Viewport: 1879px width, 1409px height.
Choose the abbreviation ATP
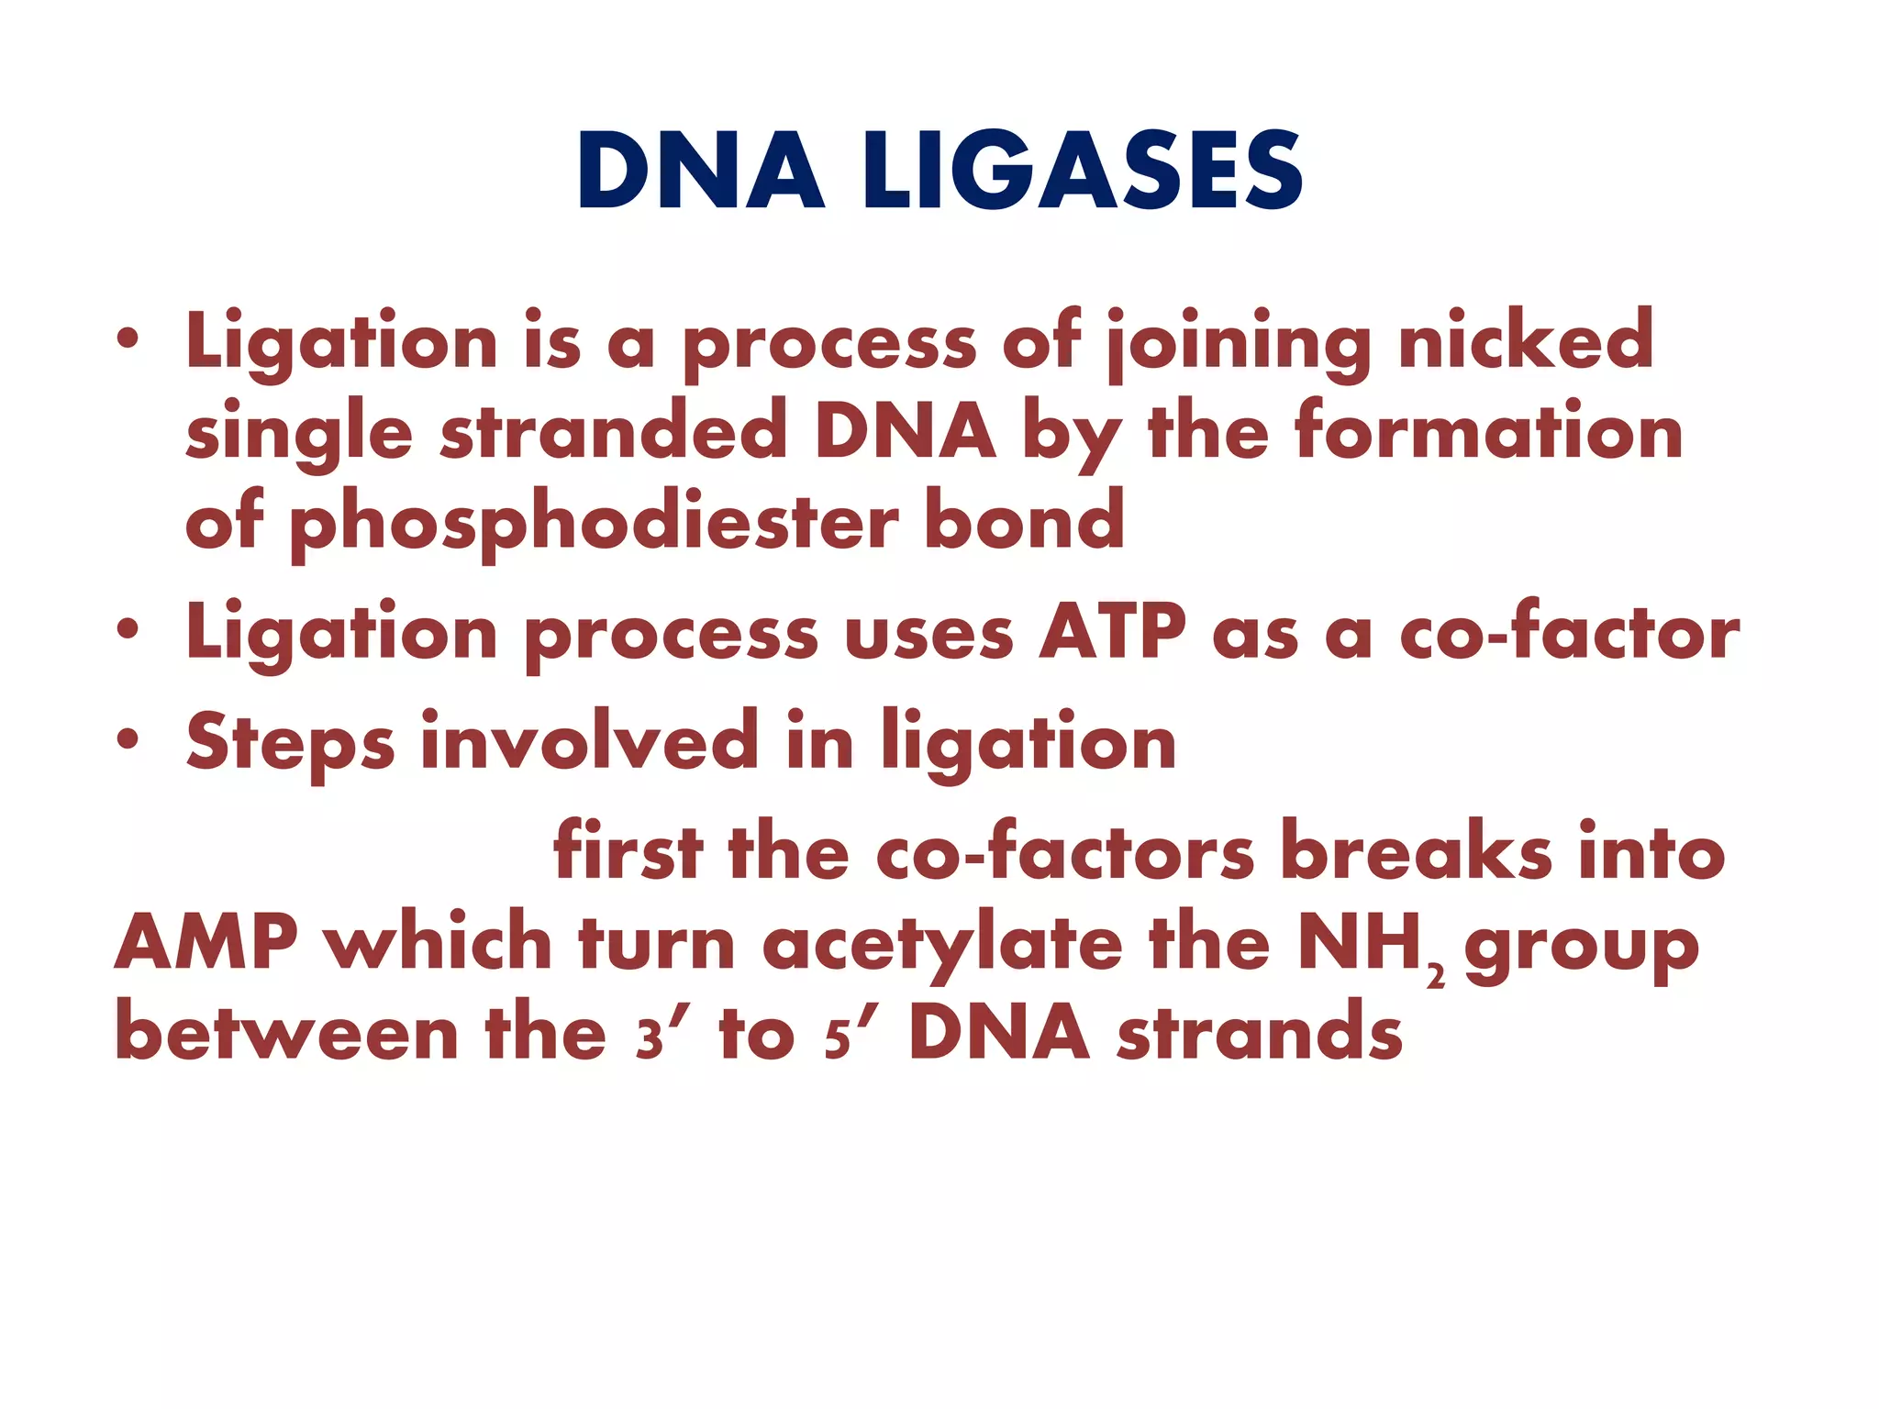point(1112,632)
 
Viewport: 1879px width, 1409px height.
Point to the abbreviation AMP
point(206,941)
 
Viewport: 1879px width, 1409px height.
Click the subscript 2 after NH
point(1436,978)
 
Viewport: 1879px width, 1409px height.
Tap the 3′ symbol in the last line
point(653,1036)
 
